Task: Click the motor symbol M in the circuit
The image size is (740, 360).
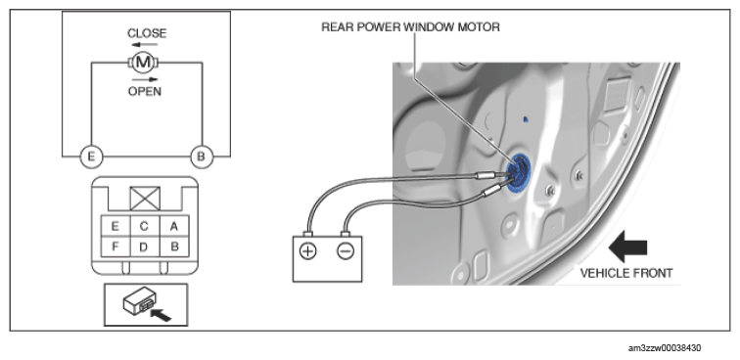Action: click(x=143, y=62)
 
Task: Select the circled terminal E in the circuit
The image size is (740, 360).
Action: click(x=92, y=157)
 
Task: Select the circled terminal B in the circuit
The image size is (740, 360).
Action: click(x=202, y=157)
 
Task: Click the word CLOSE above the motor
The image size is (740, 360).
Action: click(x=147, y=33)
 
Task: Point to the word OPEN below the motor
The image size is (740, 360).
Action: click(x=145, y=91)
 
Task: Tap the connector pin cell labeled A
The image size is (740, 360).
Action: click(x=174, y=226)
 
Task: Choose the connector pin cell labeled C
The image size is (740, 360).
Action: click(x=145, y=226)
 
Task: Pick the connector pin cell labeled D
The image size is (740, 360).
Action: click(x=145, y=247)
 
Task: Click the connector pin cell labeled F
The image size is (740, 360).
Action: click(x=116, y=247)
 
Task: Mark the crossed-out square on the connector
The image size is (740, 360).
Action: click(x=145, y=199)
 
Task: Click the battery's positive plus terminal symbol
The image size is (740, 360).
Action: click(x=307, y=251)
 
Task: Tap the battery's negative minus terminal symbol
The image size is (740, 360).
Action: click(x=346, y=251)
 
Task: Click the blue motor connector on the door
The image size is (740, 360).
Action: click(x=519, y=173)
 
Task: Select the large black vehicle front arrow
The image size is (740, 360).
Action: click(x=627, y=247)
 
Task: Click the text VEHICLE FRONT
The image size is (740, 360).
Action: click(x=626, y=273)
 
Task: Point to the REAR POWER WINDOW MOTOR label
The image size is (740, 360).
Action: click(x=410, y=27)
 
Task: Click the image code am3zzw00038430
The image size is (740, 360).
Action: click(x=665, y=348)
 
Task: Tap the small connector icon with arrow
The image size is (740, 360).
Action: click(x=146, y=304)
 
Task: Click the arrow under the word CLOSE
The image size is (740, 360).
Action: click(x=145, y=45)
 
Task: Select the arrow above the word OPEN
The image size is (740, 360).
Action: click(x=145, y=79)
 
